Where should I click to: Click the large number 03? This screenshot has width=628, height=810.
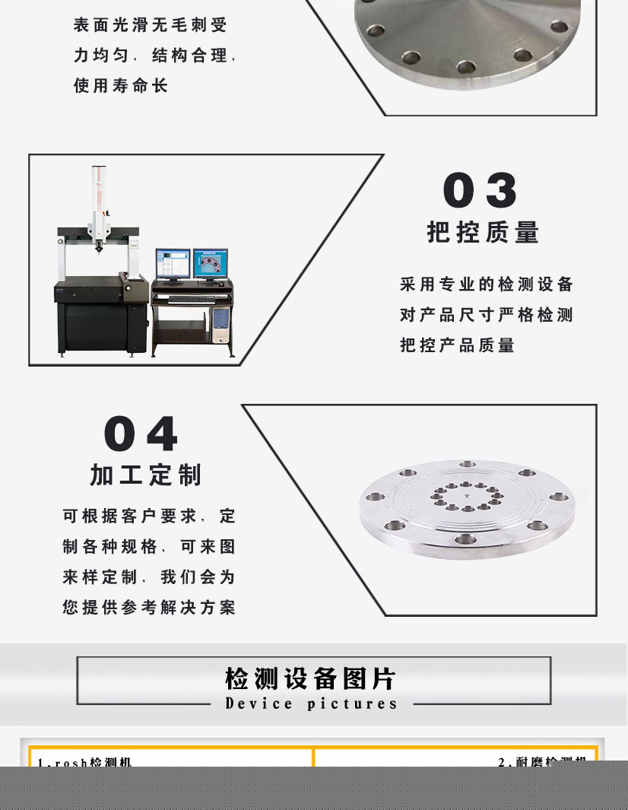click(480, 190)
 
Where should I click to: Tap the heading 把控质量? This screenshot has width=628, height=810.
click(483, 232)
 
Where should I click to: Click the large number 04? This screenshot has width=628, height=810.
click(141, 434)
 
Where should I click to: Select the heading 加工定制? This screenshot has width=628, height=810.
click(145, 475)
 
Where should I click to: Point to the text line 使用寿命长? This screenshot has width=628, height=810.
click(120, 86)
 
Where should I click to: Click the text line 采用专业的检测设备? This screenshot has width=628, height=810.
click(487, 284)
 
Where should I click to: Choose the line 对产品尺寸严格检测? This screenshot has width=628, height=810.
click(487, 315)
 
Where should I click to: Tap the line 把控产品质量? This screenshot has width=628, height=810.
click(458, 345)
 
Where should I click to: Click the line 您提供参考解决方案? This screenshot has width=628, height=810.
click(149, 608)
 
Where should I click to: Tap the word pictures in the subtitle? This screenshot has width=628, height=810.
click(353, 704)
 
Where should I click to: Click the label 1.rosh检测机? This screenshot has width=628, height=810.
click(84, 761)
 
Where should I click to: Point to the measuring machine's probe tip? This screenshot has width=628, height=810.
click(98, 248)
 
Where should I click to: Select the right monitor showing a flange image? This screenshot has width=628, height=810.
click(210, 263)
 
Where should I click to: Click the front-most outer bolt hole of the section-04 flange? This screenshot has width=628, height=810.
click(465, 539)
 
